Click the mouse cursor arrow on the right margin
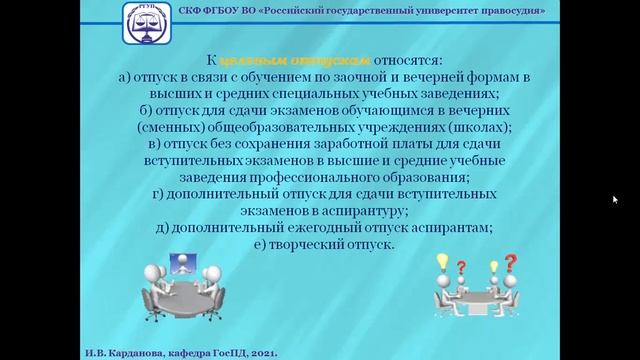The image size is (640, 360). pyautogui.click(x=615, y=199)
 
